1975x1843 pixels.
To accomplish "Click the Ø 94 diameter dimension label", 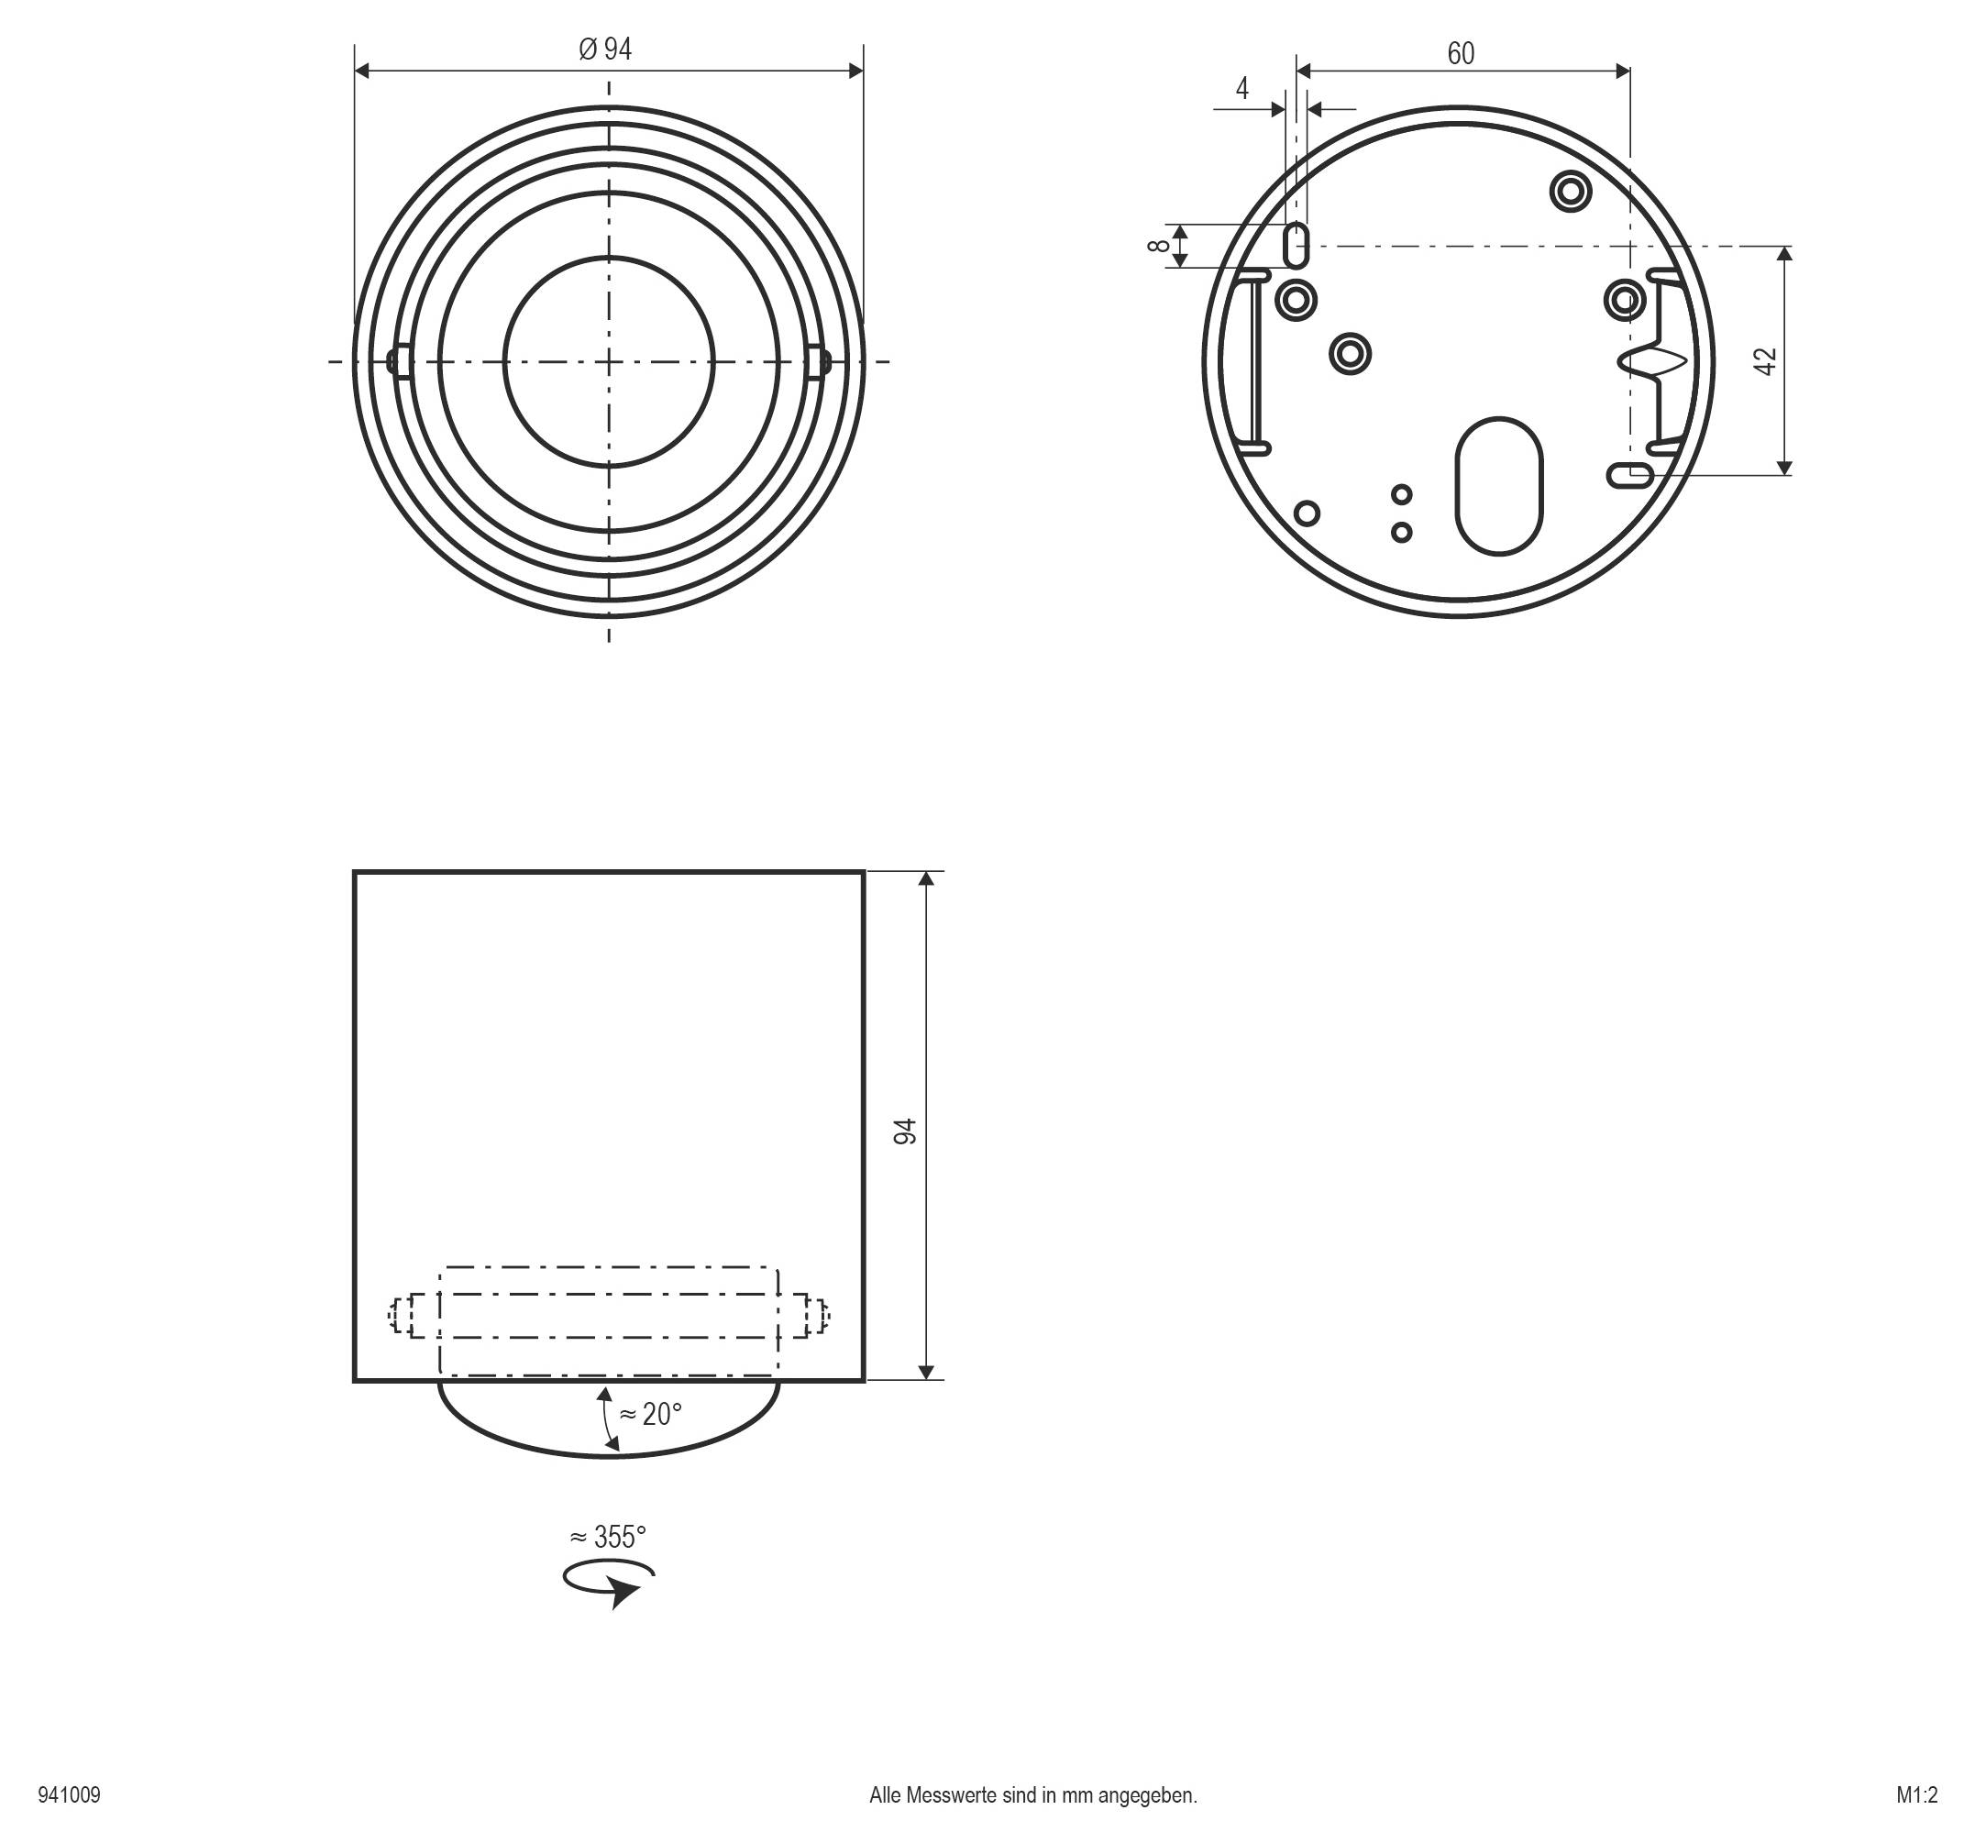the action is click(605, 50).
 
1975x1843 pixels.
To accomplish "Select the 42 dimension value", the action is click(1765, 360).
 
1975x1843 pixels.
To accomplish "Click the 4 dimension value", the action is click(1241, 88).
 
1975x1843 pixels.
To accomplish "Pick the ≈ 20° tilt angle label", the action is click(651, 1414).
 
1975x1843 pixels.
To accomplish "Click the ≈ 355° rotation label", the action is click(608, 1537).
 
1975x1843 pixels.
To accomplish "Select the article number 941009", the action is click(70, 1795).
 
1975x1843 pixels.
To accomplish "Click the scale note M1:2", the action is click(1916, 1795).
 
